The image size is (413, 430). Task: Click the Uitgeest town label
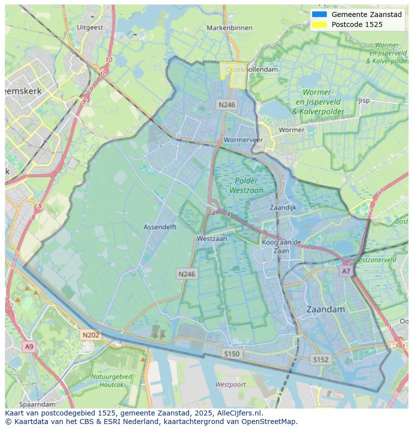pyautogui.click(x=90, y=27)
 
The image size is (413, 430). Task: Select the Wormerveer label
pyautogui.click(x=243, y=140)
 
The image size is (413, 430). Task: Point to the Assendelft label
pyautogui.click(x=160, y=227)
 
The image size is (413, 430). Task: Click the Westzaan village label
pyautogui.click(x=211, y=239)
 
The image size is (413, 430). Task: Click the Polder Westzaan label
pyautogui.click(x=246, y=185)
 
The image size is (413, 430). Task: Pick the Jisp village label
pyautogui.click(x=364, y=100)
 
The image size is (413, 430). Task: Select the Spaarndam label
pyautogui.click(x=37, y=404)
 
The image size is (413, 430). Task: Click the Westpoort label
pyautogui.click(x=230, y=385)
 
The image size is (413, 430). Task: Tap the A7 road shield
pyautogui.click(x=346, y=271)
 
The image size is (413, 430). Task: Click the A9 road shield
pyautogui.click(x=29, y=347)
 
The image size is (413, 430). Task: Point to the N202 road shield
pyautogui.click(x=91, y=335)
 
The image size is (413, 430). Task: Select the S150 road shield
pyautogui.click(x=231, y=354)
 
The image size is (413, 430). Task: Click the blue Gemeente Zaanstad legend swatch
pyautogui.click(x=319, y=14)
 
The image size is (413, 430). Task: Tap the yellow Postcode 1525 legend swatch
pyautogui.click(x=319, y=24)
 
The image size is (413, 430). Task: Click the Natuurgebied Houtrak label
pyautogui.click(x=111, y=380)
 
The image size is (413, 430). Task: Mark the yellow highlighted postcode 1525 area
pyautogui.click(x=233, y=75)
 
